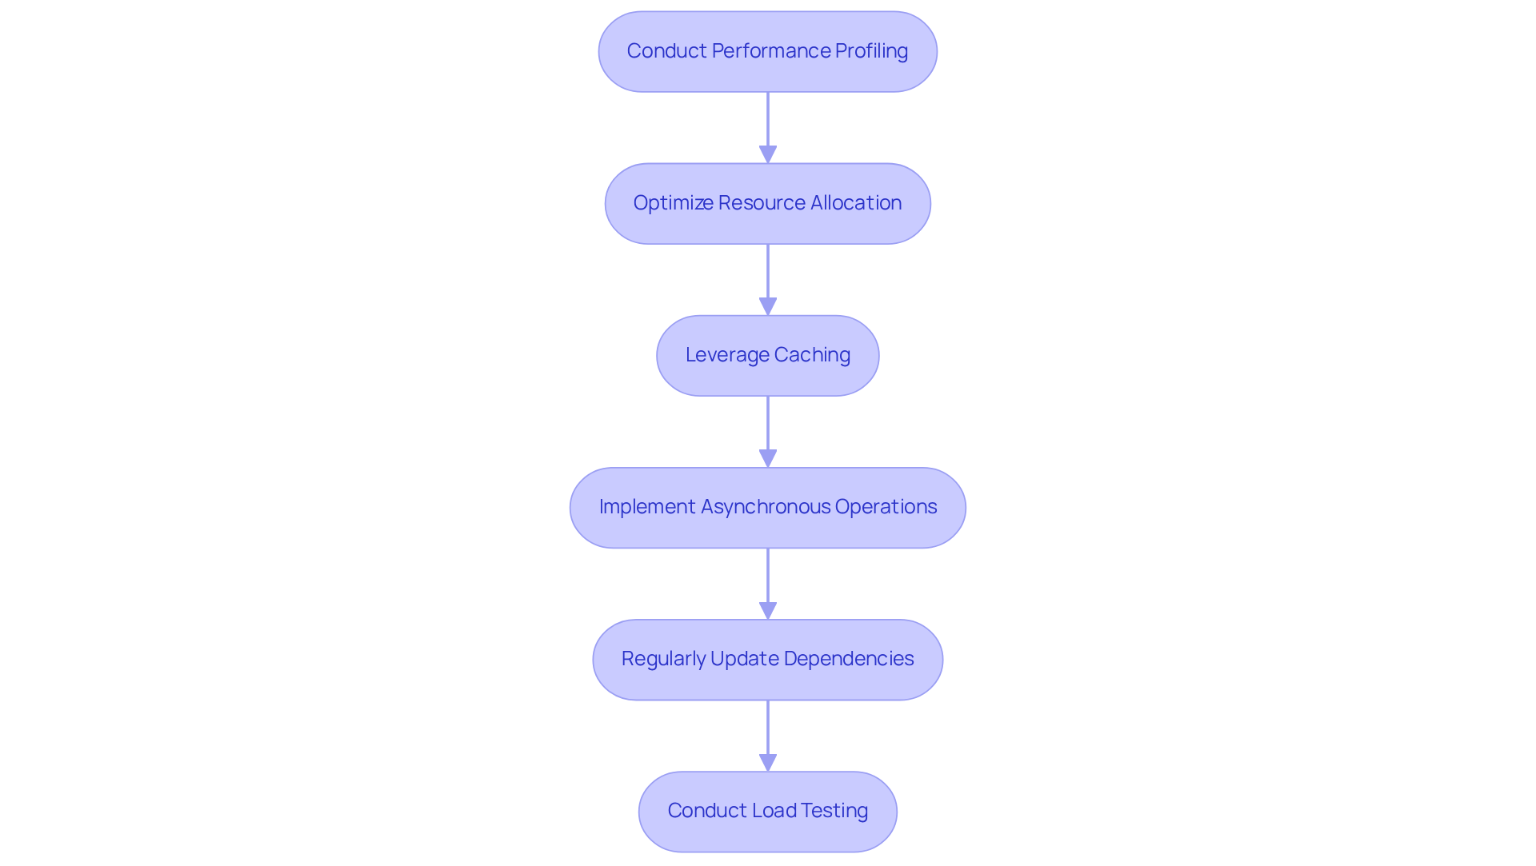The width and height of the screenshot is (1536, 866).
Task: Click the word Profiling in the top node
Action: coord(871,51)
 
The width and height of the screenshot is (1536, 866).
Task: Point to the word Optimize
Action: coord(673,203)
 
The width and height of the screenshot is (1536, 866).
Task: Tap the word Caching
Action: coord(812,355)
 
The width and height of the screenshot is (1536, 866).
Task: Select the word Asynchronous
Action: coord(766,507)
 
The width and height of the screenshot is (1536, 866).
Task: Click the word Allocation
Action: coord(856,203)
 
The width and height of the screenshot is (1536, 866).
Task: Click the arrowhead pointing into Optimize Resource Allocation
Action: coord(768,154)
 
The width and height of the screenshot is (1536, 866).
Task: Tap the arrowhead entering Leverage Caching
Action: coord(768,306)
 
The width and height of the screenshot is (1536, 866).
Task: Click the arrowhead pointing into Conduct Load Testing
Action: coord(768,762)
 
